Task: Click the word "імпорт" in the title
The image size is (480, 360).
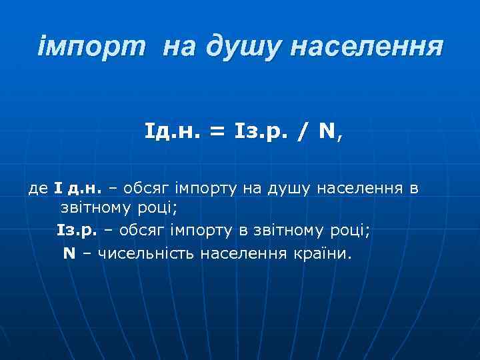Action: [x=93, y=47]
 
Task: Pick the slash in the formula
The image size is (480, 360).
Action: [x=303, y=131]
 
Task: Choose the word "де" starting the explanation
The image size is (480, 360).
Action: [x=37, y=189]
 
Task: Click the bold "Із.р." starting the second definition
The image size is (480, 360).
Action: [x=77, y=231]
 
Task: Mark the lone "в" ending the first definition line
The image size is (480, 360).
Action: [x=414, y=189]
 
